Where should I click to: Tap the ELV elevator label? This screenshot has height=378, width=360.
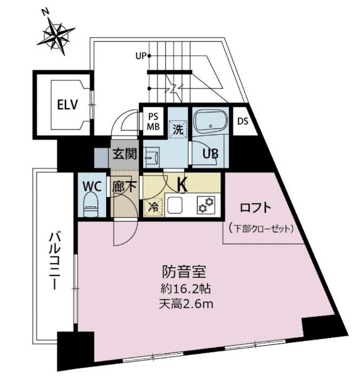tap(66, 104)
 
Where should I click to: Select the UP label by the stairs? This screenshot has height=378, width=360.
tap(141, 56)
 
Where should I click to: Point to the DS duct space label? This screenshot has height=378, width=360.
tap(243, 121)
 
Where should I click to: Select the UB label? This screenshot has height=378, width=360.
tap(212, 154)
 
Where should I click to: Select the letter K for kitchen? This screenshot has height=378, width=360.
tap(182, 183)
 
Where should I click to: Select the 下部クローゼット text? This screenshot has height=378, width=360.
tap(258, 229)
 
